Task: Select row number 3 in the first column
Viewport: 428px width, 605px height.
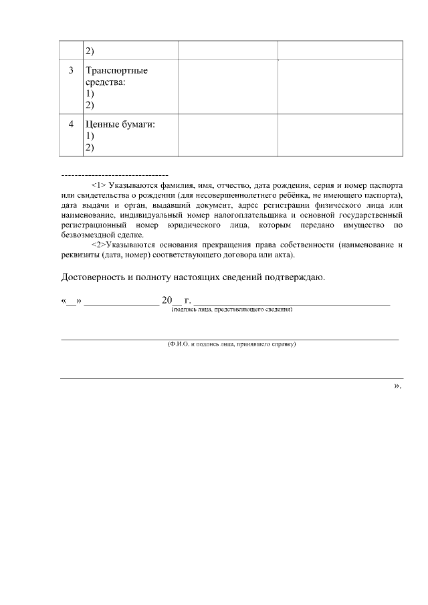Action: (72, 70)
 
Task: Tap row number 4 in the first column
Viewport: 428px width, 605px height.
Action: (72, 124)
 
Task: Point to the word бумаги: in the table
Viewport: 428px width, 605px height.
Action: (139, 124)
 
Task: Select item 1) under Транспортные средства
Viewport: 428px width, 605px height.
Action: (90, 94)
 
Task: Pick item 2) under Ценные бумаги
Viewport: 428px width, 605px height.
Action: (90, 147)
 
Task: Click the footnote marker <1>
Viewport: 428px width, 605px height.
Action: (98, 183)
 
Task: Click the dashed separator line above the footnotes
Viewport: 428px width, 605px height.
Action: (114, 174)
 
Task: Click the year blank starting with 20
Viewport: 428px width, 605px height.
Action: (171, 300)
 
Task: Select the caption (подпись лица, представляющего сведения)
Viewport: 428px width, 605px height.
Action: (231, 310)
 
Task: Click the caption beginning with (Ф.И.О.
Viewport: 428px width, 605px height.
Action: (231, 344)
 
